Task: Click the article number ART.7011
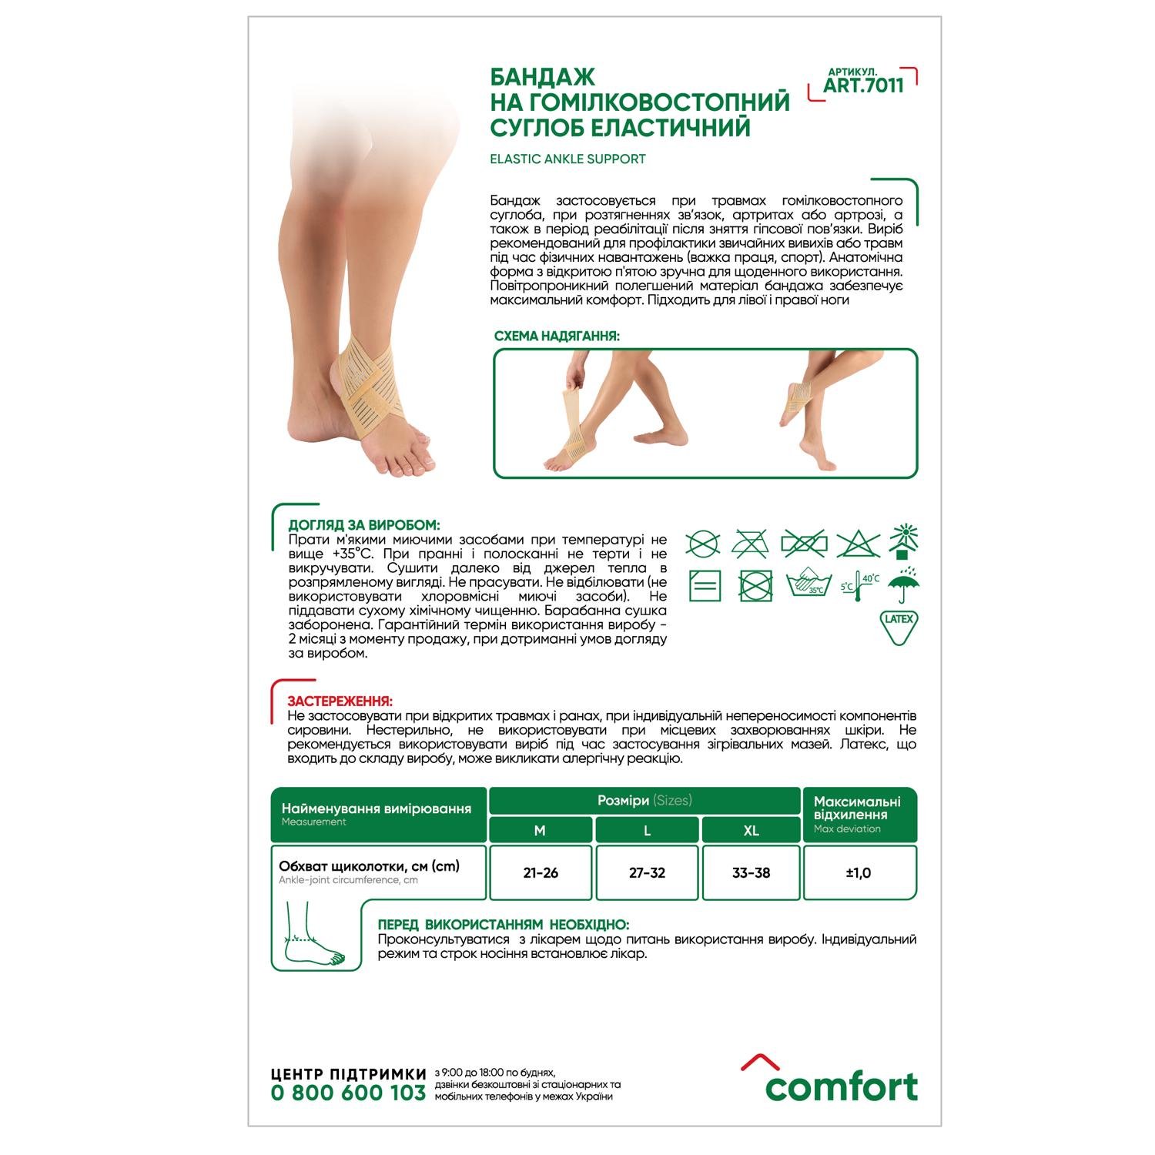(863, 85)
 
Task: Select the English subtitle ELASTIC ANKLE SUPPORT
(567, 159)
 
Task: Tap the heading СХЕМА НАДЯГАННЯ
(557, 336)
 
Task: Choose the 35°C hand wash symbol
(808, 584)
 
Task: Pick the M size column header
(540, 830)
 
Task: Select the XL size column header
(751, 830)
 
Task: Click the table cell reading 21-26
(541, 872)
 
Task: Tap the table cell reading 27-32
(647, 872)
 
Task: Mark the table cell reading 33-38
(751, 872)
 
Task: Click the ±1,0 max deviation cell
(859, 872)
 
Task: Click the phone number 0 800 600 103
(348, 1093)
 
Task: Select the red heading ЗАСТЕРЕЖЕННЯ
(340, 701)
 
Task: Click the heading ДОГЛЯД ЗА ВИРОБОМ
(364, 525)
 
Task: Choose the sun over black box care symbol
(904, 541)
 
